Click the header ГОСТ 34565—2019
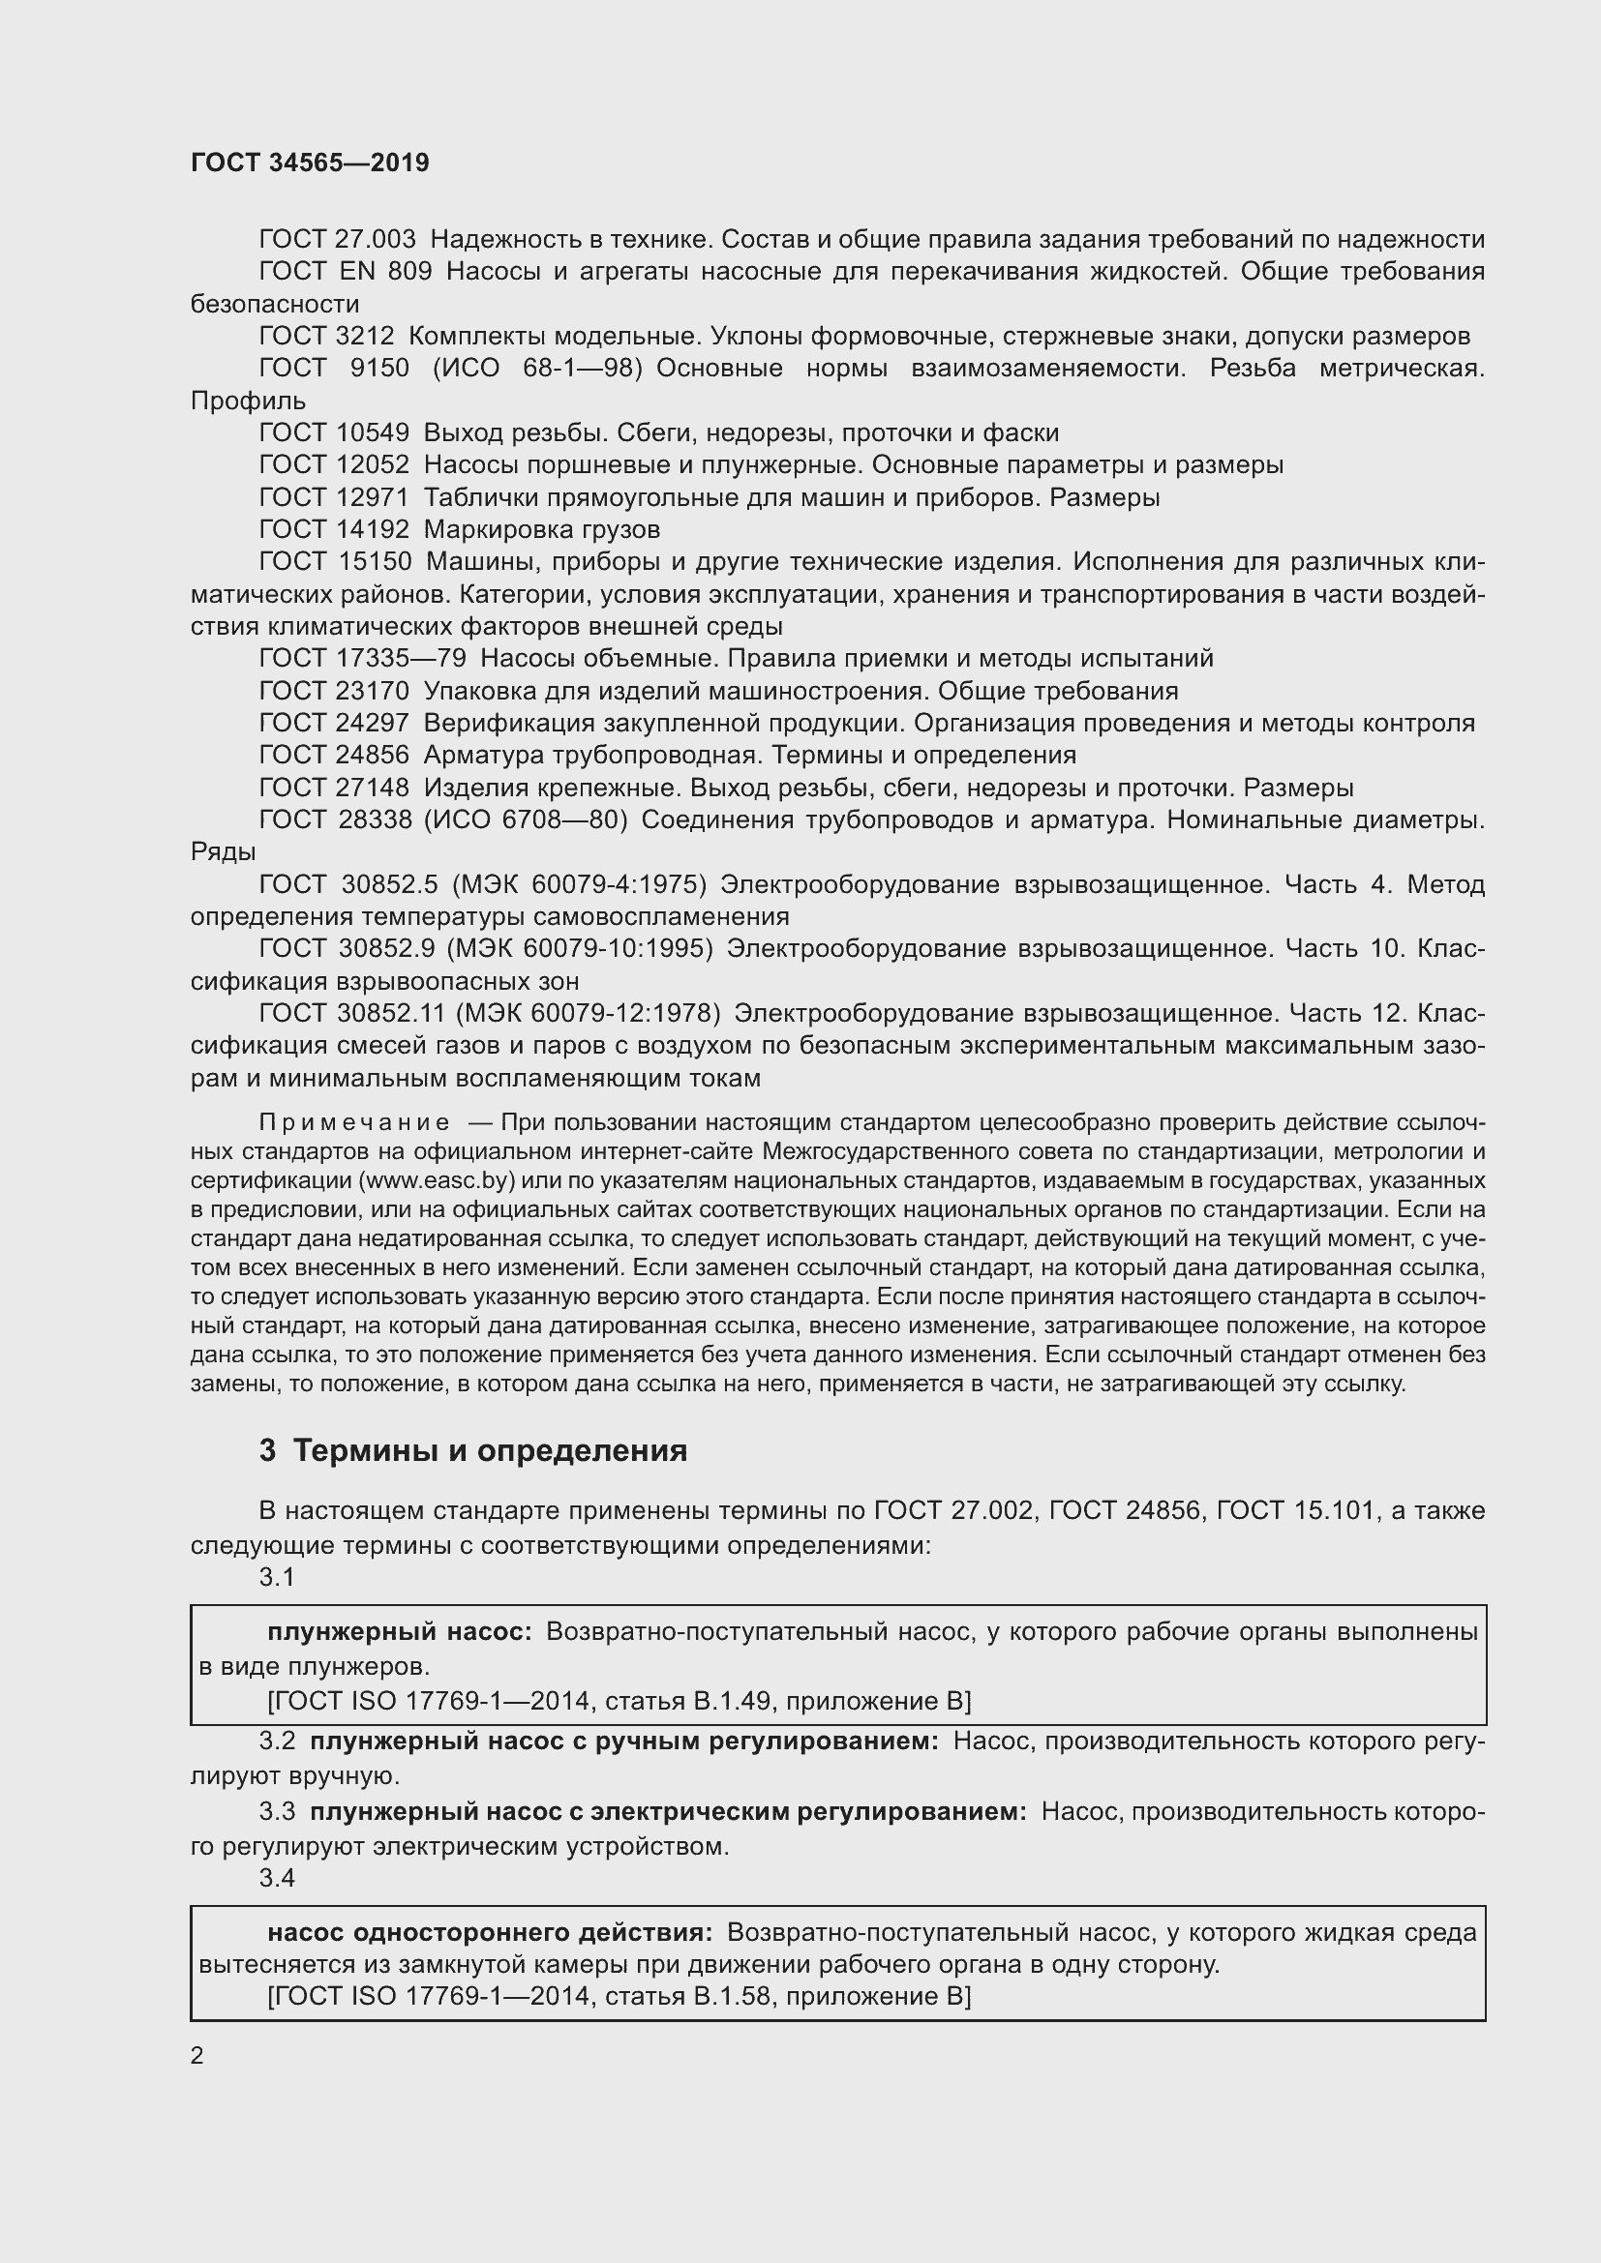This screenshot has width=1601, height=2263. pos(310,163)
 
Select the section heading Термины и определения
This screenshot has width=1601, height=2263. pos(490,1451)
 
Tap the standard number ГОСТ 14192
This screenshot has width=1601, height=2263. pos(333,529)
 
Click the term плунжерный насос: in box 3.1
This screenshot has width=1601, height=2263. pos(399,1631)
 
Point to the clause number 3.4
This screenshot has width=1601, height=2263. pos(277,1878)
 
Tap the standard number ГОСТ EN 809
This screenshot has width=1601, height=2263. pos(345,271)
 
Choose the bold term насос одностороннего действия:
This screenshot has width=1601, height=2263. pos(490,1932)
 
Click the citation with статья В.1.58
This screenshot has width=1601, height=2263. pos(619,1996)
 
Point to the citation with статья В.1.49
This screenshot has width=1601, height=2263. pos(619,1700)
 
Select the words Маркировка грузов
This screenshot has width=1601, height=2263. pos(541,529)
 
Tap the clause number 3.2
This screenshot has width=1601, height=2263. pos(277,1741)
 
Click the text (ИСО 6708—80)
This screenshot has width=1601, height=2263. pos(526,819)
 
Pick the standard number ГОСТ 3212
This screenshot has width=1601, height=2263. pos(326,336)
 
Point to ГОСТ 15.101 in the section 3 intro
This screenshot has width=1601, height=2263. pos(1295,1510)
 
